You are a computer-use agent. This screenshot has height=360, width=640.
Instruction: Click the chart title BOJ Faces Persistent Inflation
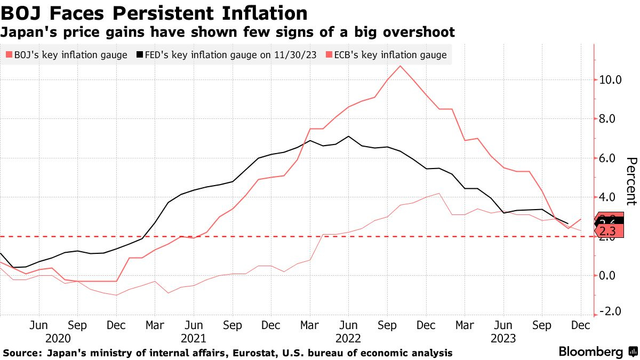(x=154, y=13)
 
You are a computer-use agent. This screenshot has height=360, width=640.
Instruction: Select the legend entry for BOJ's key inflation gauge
(x=67, y=55)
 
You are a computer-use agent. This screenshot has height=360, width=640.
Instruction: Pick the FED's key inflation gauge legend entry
(x=224, y=55)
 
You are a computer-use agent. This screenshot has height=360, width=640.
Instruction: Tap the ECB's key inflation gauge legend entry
(x=386, y=55)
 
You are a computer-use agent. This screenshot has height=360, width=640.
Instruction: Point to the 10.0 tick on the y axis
(x=611, y=80)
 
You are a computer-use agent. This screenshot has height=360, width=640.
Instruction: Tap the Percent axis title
(x=631, y=181)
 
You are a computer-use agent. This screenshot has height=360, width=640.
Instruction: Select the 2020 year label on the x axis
(x=58, y=338)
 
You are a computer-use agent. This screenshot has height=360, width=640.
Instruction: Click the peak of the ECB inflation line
(x=400, y=66)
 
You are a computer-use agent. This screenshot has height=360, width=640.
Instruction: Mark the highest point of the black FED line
(x=348, y=137)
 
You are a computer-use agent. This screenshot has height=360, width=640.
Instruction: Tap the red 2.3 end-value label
(x=608, y=231)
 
